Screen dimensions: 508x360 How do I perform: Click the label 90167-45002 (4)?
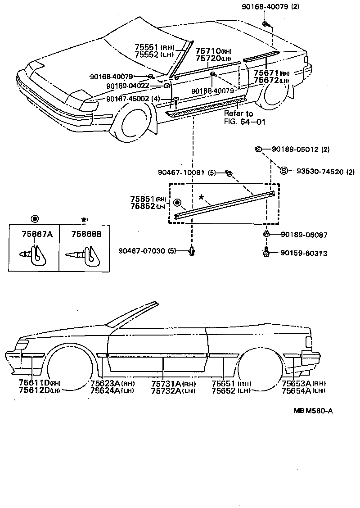133,99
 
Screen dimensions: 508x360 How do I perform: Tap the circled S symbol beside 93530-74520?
284,171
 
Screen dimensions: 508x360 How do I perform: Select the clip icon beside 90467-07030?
192,251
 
